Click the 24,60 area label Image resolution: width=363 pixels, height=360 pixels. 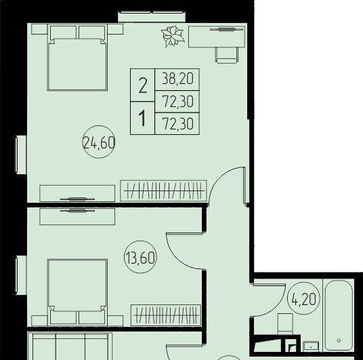click(99, 143)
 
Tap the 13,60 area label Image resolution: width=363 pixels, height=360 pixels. click(140, 258)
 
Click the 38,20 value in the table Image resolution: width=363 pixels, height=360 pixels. click(177, 79)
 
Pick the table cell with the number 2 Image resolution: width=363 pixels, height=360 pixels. click(143, 85)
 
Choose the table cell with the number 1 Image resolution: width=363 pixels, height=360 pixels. click(143, 118)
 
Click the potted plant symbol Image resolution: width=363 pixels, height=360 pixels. click(173, 37)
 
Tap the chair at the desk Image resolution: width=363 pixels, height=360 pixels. click(227, 55)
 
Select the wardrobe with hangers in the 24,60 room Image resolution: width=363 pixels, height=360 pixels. click(163, 191)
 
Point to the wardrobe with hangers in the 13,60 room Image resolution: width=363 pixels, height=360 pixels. click(166, 315)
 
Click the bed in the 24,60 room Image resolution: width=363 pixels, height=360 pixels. click(77, 57)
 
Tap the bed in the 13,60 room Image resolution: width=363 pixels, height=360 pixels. click(77, 293)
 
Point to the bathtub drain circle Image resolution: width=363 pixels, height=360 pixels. click(339, 340)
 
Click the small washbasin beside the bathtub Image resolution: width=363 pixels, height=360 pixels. click(311, 346)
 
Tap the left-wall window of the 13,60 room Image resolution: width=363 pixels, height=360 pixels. click(20, 275)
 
